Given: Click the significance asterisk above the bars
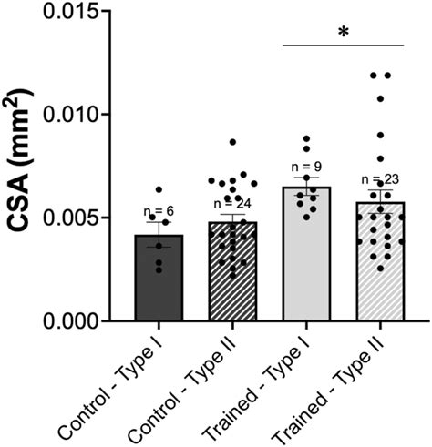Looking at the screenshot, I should [x=343, y=34].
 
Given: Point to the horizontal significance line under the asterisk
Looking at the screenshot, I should [x=343, y=45].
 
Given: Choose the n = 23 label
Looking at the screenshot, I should [x=380, y=179].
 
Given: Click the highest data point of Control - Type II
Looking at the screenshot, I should [x=233, y=142].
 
